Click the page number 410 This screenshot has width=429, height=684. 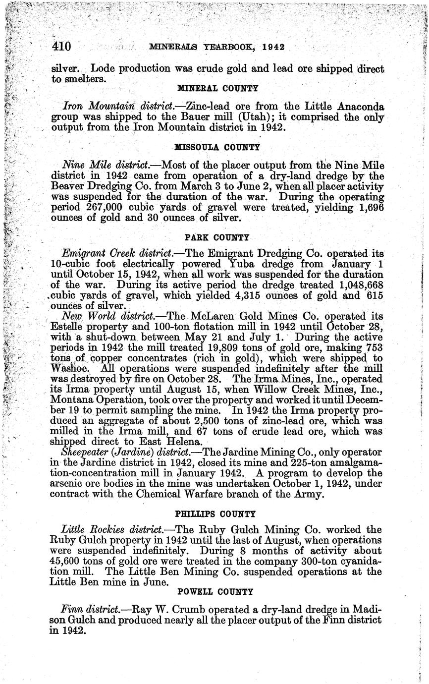[62, 47]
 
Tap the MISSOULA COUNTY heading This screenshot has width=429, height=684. [217, 147]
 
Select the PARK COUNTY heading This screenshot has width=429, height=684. [217, 237]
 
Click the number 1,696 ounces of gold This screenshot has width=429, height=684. [370, 208]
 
